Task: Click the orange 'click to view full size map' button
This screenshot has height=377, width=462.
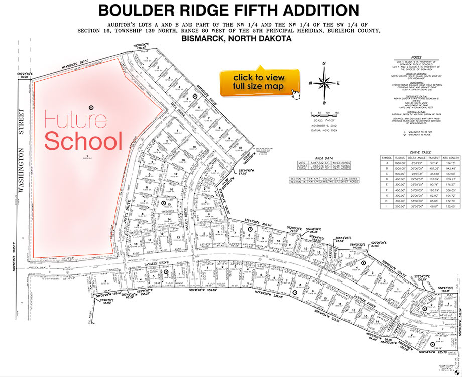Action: click(x=259, y=81)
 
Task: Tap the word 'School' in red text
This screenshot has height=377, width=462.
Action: click(x=83, y=141)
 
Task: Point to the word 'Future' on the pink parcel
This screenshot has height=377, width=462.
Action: click(x=75, y=120)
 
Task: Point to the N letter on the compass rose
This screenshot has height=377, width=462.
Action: click(x=324, y=63)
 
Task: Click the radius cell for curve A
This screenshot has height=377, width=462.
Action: click(x=400, y=164)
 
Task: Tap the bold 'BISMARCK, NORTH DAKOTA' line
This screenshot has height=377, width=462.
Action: click(x=229, y=39)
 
